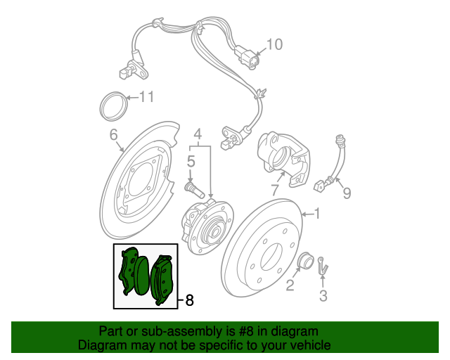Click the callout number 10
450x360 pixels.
275,44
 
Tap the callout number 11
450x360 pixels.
147,97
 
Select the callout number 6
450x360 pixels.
114,134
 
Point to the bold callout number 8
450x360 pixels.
189,300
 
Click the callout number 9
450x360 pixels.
347,193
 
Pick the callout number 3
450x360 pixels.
323,296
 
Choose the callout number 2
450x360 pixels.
290,285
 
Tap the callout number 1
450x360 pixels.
317,214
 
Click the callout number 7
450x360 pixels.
275,190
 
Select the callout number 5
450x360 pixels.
191,161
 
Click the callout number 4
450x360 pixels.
198,134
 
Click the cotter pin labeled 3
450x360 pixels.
323,265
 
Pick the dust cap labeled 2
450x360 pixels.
304,260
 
